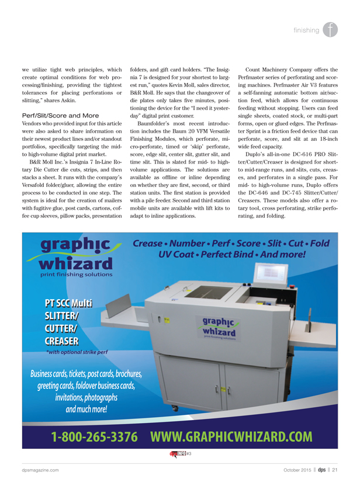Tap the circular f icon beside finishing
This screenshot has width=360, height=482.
(x=331, y=30)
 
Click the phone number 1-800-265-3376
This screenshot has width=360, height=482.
(x=94, y=436)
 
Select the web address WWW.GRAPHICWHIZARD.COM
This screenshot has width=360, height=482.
(x=231, y=436)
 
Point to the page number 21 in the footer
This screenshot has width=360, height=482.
(x=335, y=470)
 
